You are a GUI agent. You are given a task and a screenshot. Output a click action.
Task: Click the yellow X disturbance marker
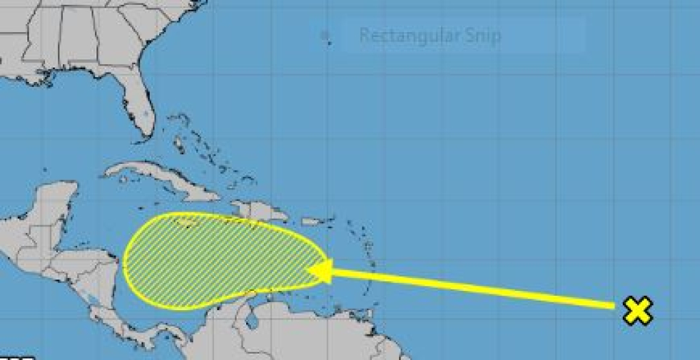638,311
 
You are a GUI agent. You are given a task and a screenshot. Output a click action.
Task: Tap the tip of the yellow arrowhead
309,270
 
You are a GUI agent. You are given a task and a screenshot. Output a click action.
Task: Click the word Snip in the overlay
483,35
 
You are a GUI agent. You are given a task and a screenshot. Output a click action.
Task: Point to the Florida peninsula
140,109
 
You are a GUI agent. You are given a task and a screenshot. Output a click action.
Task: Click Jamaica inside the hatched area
186,221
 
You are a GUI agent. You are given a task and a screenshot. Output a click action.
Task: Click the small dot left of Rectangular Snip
325,36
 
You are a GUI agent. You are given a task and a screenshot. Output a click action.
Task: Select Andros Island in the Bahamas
178,144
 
